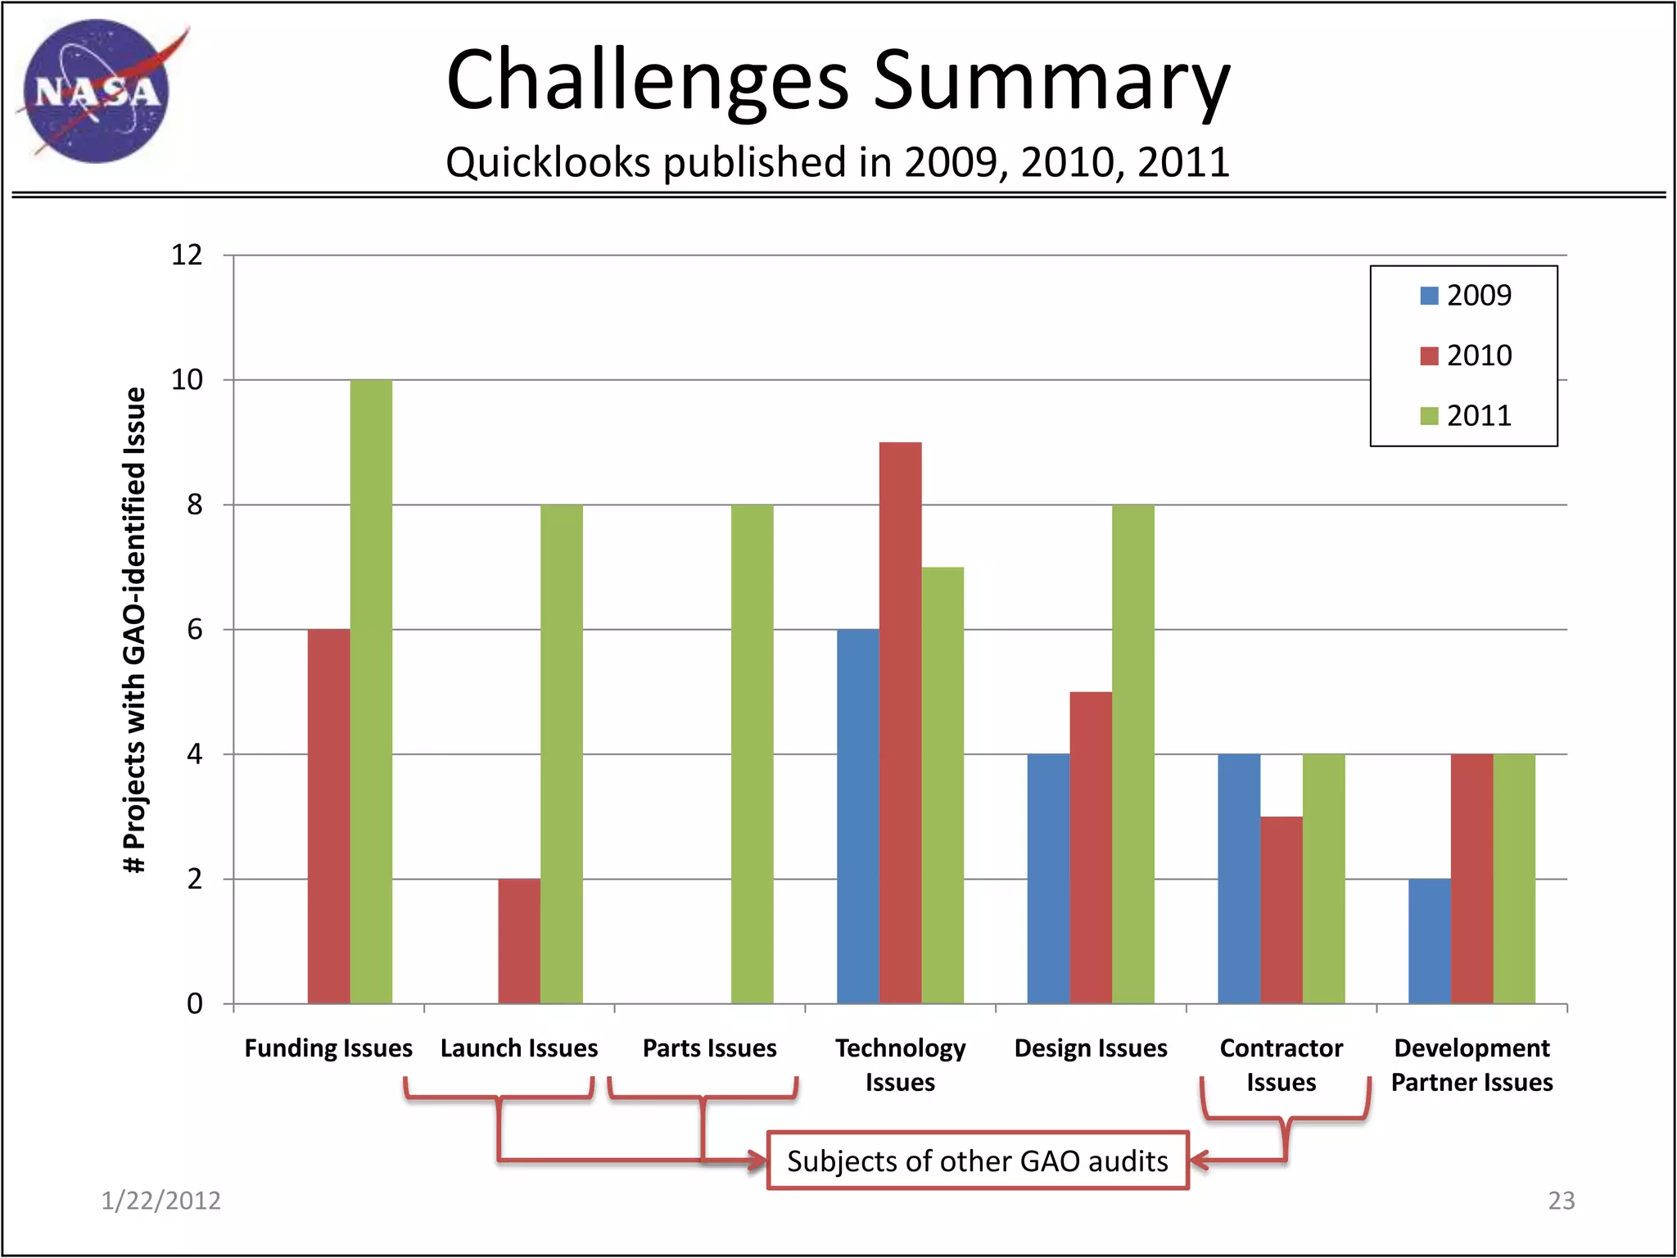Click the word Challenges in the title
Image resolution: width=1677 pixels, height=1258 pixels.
pyautogui.click(x=647, y=80)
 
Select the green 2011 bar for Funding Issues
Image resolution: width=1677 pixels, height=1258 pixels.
pyautogui.click(x=371, y=692)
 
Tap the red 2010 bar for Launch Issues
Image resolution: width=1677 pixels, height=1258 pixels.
pyautogui.click(x=519, y=941)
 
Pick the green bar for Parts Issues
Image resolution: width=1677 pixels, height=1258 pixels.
pyautogui.click(x=752, y=754)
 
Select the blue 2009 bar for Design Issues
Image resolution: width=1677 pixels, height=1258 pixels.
pyautogui.click(x=1048, y=879)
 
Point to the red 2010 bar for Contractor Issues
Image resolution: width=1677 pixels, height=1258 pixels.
pyautogui.click(x=1281, y=910)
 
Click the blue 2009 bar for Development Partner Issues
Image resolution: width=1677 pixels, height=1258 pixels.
pyautogui.click(x=1429, y=941)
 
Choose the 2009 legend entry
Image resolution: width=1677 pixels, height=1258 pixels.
pyautogui.click(x=1466, y=296)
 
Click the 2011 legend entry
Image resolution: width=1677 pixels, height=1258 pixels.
pyautogui.click(x=1466, y=416)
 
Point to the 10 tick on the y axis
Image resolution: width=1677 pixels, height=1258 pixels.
pyautogui.click(x=188, y=380)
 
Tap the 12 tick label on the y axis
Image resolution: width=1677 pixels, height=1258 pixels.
pyautogui.click(x=187, y=255)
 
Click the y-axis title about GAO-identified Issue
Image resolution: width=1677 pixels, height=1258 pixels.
pyautogui.click(x=134, y=630)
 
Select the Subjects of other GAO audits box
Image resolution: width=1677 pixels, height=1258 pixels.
pyautogui.click(x=977, y=1161)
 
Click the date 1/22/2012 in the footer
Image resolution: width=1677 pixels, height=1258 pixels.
pyautogui.click(x=160, y=1201)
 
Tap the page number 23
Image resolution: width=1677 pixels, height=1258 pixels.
pyautogui.click(x=1561, y=1201)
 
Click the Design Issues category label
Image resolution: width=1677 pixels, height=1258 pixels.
pyautogui.click(x=1091, y=1048)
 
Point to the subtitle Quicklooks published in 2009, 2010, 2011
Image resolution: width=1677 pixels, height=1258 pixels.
pyautogui.click(x=837, y=162)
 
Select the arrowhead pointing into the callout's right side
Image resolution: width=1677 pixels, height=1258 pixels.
pyautogui.click(x=1197, y=1161)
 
